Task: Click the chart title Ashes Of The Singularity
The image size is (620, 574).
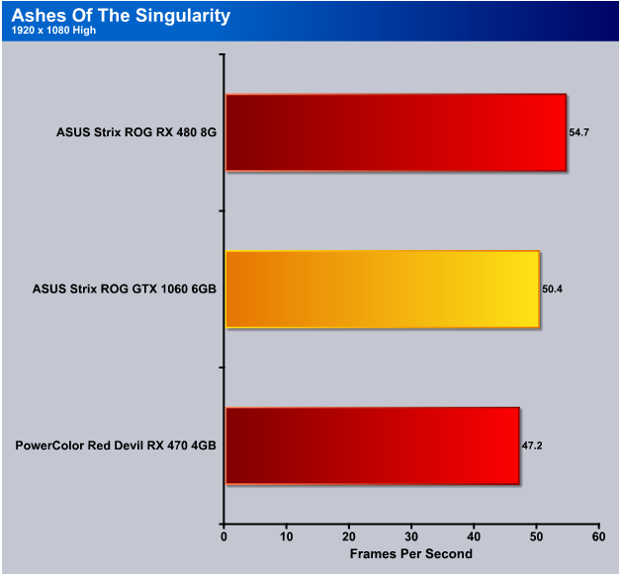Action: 121,16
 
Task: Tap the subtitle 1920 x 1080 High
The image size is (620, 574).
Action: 53,31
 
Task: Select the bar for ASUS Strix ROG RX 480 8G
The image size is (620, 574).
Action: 396,132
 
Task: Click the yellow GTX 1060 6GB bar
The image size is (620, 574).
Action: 383,289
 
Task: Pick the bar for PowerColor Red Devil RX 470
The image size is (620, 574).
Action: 373,446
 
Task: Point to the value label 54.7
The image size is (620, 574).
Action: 578,132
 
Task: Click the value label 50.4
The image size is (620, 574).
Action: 552,289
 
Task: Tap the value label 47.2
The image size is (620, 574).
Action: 532,446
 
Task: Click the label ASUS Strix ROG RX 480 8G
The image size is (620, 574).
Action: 136,132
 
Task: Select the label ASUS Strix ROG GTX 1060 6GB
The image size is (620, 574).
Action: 125,289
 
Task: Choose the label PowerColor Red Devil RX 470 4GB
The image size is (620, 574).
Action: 116,446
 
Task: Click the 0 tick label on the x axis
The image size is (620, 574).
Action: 223,536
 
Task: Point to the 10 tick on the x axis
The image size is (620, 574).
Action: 287,536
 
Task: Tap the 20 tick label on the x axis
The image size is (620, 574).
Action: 349,536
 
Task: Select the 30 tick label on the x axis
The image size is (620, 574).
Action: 411,536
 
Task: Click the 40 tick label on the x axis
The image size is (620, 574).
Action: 474,536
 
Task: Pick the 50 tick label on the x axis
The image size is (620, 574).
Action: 536,536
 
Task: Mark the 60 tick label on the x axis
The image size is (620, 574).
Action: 598,536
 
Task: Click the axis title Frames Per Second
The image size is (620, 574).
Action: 411,554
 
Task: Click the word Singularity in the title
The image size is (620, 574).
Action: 183,17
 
